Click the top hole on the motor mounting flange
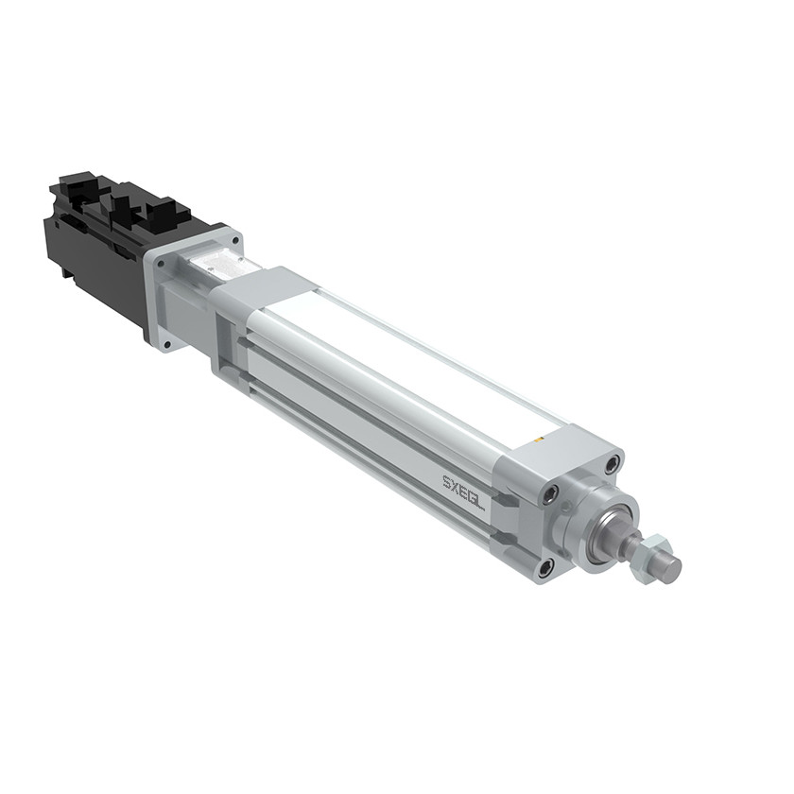234,239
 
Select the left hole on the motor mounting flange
161,264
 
